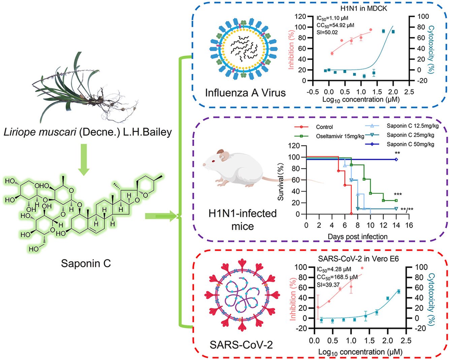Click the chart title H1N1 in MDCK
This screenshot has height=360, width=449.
[364, 8]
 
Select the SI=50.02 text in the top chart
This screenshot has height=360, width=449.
[327, 32]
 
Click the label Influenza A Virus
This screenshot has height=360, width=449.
[245, 93]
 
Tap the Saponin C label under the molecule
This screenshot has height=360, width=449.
[86, 264]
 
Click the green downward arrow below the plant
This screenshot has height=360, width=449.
[84, 159]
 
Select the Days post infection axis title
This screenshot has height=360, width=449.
[358, 237]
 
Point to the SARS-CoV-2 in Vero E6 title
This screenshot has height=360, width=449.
[358, 259]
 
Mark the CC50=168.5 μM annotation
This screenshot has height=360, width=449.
[337, 277]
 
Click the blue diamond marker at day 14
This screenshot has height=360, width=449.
[396, 159]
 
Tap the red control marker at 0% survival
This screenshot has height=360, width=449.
[351, 214]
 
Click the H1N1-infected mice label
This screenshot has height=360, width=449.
[243, 220]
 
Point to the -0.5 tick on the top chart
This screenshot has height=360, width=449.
[313, 92]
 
